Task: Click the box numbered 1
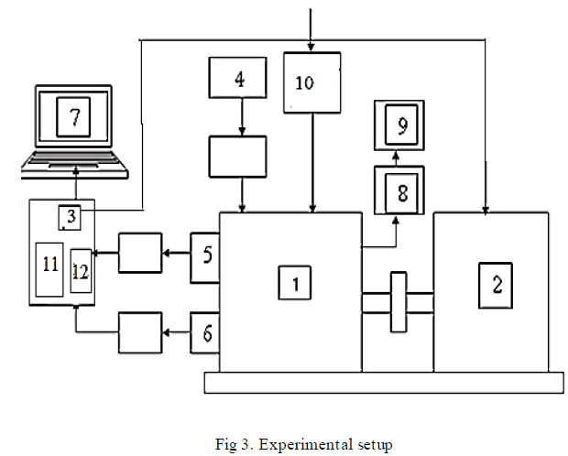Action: pos(296,286)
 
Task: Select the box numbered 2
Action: pos(496,285)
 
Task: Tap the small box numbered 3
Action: pos(71,217)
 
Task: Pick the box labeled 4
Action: pos(239,79)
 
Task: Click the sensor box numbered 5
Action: pos(205,256)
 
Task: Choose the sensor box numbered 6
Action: pos(205,334)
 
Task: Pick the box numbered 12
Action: pos(81,270)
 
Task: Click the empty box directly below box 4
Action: pos(237,157)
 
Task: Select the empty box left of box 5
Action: pos(139,252)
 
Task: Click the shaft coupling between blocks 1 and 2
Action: pos(398,301)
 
